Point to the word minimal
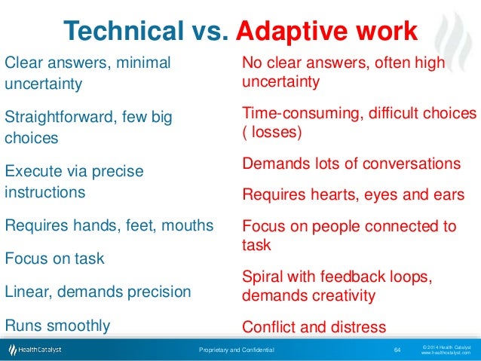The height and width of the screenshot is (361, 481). pos(144,62)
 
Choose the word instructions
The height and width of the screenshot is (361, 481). pos(45,191)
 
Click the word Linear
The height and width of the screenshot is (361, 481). pos(26,291)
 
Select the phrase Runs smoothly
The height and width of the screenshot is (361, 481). pos(57,326)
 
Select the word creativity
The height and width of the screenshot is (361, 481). pos(339,295)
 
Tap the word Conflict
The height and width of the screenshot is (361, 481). pos(269,327)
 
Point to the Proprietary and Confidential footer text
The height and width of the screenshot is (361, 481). pos(237,350)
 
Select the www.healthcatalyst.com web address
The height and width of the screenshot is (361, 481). pos(446,353)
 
